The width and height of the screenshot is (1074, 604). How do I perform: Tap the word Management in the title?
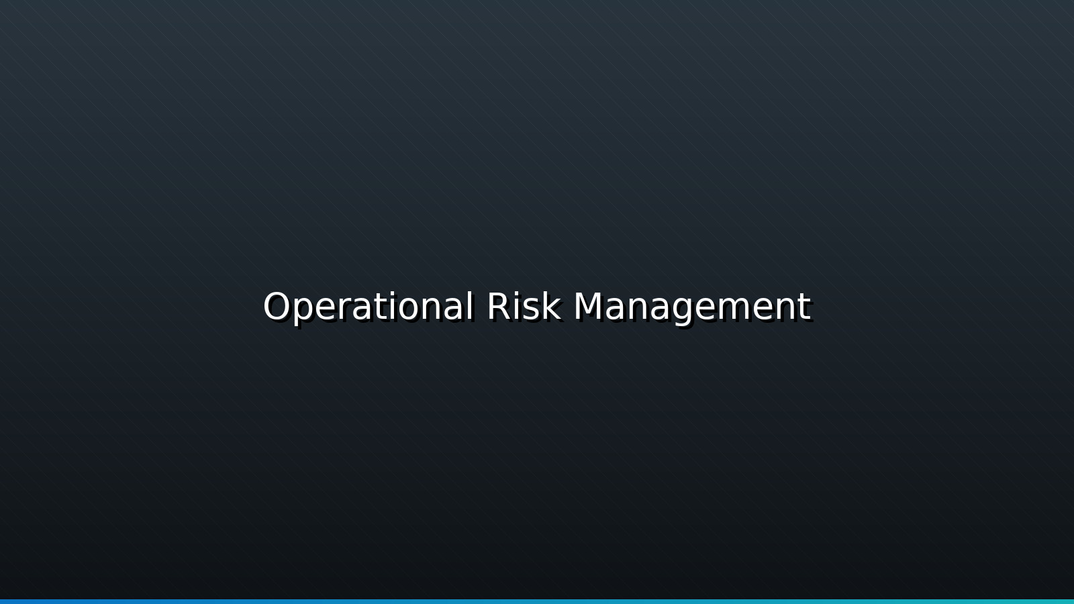[692, 307]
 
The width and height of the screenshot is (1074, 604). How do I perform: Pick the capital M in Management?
[589, 307]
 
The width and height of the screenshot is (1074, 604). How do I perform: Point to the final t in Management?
[805, 307]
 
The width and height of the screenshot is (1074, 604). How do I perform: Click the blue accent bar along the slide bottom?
[537, 601]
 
